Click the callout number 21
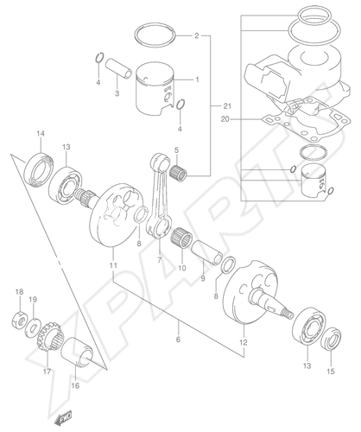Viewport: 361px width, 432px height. [x=227, y=106]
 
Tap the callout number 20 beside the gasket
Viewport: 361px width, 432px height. [x=225, y=118]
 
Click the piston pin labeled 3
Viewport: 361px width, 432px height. [x=117, y=69]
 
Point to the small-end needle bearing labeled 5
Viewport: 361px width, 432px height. [x=178, y=172]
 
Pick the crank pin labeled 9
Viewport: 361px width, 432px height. [x=206, y=252]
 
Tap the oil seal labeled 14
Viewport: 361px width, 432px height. [x=39, y=168]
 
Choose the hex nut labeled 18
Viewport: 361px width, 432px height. [x=19, y=320]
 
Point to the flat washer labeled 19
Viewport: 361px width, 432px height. [x=33, y=327]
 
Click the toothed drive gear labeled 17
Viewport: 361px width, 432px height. [x=50, y=337]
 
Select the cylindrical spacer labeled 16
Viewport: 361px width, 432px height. [x=77, y=352]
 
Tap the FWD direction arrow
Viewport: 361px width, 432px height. [x=63, y=417]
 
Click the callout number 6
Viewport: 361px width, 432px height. [x=178, y=340]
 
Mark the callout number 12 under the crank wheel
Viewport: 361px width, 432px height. [x=244, y=343]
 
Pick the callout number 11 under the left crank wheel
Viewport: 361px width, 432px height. [x=113, y=265]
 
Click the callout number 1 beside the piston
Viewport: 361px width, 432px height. [x=197, y=79]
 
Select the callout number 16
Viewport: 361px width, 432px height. [x=75, y=385]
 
